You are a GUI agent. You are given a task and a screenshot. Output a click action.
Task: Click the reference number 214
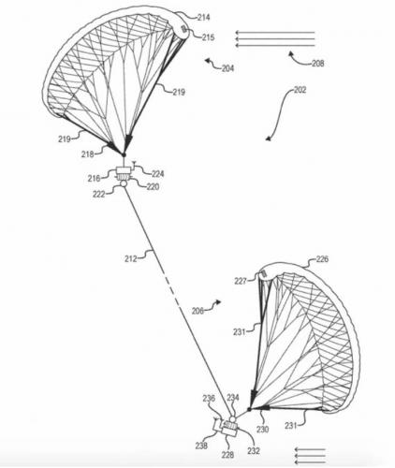[203, 18]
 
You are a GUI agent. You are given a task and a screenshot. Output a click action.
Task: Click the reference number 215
[208, 37]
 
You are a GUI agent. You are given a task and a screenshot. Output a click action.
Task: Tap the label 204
[227, 68]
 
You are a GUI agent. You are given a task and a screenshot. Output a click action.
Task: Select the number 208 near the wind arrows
[318, 64]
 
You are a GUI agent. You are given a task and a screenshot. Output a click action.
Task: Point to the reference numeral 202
[300, 90]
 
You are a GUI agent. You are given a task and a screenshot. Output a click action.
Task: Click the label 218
[88, 154]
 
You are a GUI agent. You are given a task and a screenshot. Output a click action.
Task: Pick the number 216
[94, 179]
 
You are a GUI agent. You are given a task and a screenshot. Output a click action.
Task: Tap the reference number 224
[158, 174]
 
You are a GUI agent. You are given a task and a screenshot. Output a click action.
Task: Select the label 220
[153, 186]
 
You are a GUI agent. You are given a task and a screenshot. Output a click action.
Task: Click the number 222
[99, 194]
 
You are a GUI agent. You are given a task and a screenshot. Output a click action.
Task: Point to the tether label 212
[131, 258]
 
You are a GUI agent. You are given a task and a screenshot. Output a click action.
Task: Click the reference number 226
[322, 259]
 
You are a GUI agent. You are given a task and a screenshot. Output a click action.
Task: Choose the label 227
[241, 281]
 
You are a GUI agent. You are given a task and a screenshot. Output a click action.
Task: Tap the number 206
[197, 311]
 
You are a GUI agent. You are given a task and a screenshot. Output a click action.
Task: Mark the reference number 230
[262, 430]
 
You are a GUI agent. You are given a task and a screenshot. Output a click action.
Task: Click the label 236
[209, 399]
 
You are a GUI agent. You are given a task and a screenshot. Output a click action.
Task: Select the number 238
[201, 446]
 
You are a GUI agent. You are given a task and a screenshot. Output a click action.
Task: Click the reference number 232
[254, 450]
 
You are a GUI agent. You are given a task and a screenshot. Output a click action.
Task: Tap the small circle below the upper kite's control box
[124, 183]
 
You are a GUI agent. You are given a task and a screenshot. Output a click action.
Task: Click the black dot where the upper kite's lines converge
[124, 154]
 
